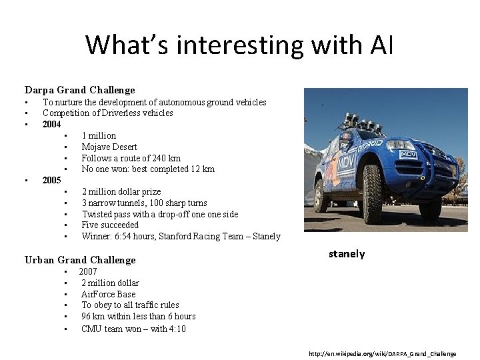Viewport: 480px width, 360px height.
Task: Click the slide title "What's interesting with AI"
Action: pyautogui.click(x=239, y=45)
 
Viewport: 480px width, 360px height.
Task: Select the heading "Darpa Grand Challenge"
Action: pyautogui.click(x=80, y=90)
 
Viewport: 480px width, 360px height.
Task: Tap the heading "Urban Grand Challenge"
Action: pyautogui.click(x=80, y=260)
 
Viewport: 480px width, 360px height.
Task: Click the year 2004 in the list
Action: pyautogui.click(x=51, y=124)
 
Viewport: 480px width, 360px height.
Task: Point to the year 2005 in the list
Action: pyautogui.click(x=51, y=180)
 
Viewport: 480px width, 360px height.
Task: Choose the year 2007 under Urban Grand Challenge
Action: pyautogui.click(x=88, y=271)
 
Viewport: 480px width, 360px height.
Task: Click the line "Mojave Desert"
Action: pyautogui.click(x=109, y=147)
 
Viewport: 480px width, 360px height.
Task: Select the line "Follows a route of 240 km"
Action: pyautogui.click(x=131, y=158)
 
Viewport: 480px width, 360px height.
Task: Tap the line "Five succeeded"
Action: pyautogui.click(x=110, y=225)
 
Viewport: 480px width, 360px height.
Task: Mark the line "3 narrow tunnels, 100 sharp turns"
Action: pyautogui.click(x=144, y=203)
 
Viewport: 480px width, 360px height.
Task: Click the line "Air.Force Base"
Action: pyautogui.click(x=108, y=294)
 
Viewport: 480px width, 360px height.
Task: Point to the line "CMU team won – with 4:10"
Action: pyautogui.click(x=133, y=329)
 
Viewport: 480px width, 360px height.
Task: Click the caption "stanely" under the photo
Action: pyautogui.click(x=347, y=254)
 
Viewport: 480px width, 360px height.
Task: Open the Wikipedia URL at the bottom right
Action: pyautogui.click(x=382, y=353)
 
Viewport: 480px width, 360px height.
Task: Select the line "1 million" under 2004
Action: pyautogui.click(x=99, y=135)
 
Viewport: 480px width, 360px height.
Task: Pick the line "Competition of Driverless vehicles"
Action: pyautogui.click(x=108, y=113)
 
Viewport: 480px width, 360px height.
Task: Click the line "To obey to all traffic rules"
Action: pyautogui.click(x=130, y=305)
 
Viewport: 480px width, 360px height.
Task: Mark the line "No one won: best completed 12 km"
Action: pyautogui.click(x=148, y=169)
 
